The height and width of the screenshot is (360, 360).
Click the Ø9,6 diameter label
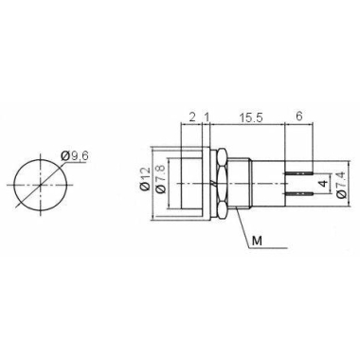(x=76, y=156)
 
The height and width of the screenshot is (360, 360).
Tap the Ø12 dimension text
(x=145, y=179)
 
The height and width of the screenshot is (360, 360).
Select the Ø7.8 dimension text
(x=161, y=179)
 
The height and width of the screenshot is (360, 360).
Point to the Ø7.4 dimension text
(x=342, y=185)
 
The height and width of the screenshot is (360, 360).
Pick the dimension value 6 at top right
(x=298, y=117)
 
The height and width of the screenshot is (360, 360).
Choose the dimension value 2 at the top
(x=192, y=117)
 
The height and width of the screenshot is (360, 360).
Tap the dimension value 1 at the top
(x=207, y=117)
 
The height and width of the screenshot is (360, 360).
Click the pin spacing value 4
(x=323, y=184)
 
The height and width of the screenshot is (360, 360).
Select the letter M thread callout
(x=258, y=242)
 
